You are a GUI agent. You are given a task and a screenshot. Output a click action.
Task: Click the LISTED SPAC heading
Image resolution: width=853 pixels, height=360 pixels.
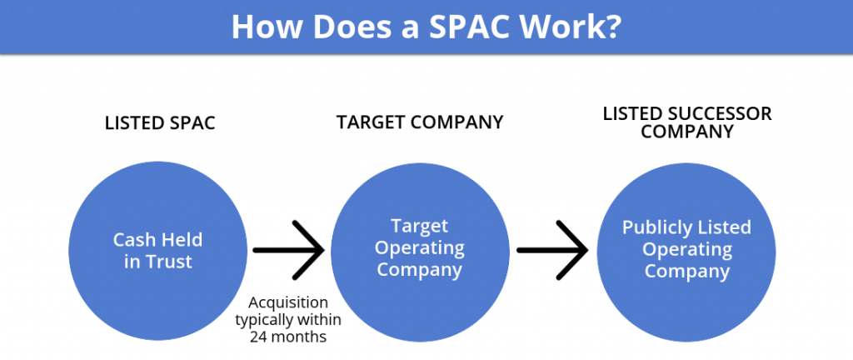pos(160,123)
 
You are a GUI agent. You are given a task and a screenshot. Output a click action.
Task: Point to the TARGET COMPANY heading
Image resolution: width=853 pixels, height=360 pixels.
pos(420,122)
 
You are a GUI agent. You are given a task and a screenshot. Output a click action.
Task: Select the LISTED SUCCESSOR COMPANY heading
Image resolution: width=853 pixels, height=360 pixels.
pos(687,122)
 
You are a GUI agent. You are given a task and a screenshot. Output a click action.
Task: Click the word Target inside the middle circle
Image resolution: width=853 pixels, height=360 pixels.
pos(420,227)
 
